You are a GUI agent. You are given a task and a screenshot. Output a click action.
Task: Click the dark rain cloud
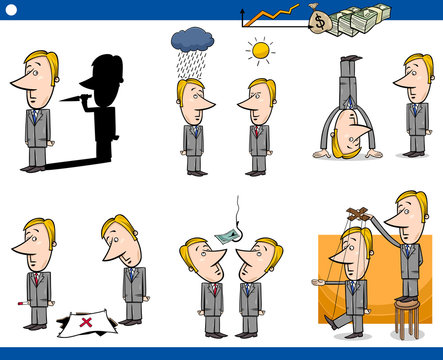coord(191,40)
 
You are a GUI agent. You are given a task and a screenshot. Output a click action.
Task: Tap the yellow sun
coord(261,50)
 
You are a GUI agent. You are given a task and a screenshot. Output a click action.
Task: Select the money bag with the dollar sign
coord(319,20)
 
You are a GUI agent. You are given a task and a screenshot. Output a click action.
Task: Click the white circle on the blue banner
coord(12,9)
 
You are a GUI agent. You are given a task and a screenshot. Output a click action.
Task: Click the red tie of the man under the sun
coord(258,132)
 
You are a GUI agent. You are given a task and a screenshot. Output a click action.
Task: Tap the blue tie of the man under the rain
coord(194,131)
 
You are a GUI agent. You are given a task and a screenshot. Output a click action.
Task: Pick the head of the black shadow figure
coord(101,75)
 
